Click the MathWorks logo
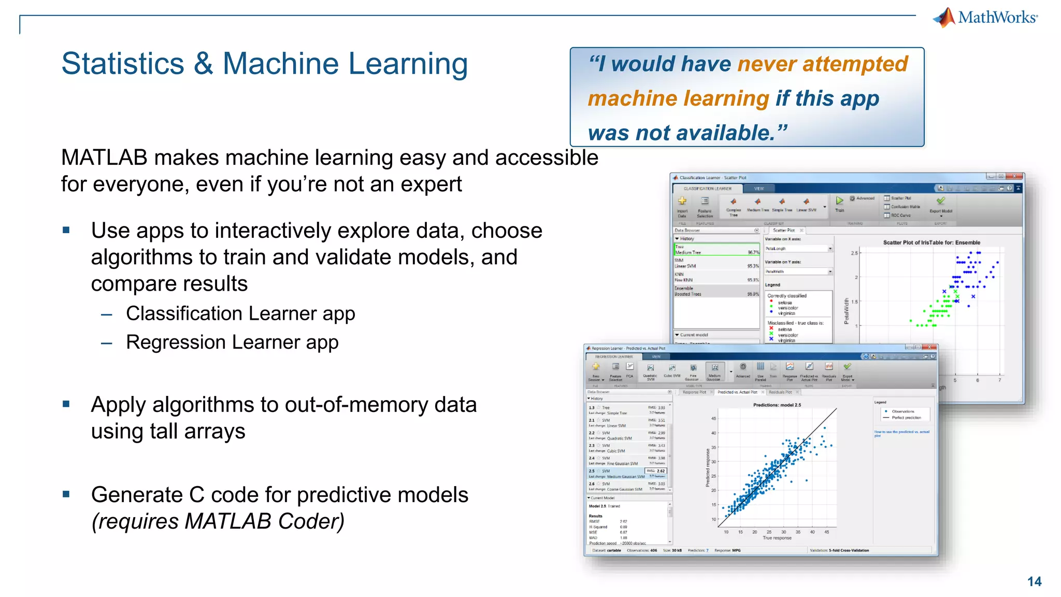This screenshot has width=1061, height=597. pyautogui.click(x=985, y=17)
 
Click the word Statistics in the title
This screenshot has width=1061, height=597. pyautogui.click(x=123, y=64)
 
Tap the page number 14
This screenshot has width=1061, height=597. pyautogui.click(x=1034, y=581)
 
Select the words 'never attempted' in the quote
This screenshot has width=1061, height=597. pyautogui.click(x=822, y=64)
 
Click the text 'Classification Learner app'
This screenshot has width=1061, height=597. pyautogui.click(x=240, y=314)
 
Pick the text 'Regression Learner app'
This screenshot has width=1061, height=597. pyautogui.click(x=232, y=342)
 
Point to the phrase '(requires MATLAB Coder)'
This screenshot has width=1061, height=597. pyautogui.click(x=218, y=521)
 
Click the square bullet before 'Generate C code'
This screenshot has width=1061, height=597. pyautogui.click(x=66, y=494)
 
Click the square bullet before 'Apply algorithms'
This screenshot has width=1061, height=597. pyautogui.click(x=66, y=404)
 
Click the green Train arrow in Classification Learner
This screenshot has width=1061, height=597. pyautogui.click(x=839, y=201)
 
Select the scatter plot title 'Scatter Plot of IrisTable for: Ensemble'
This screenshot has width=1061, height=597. pyautogui.click(x=931, y=243)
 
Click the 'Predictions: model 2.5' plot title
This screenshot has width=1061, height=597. pyautogui.click(x=777, y=405)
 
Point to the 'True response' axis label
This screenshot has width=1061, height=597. pyautogui.click(x=777, y=538)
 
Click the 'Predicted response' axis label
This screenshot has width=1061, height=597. pyautogui.click(x=708, y=468)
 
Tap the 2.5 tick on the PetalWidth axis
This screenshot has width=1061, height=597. pyautogui.click(x=854, y=253)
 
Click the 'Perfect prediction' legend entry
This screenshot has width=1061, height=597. pyautogui.click(x=906, y=417)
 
